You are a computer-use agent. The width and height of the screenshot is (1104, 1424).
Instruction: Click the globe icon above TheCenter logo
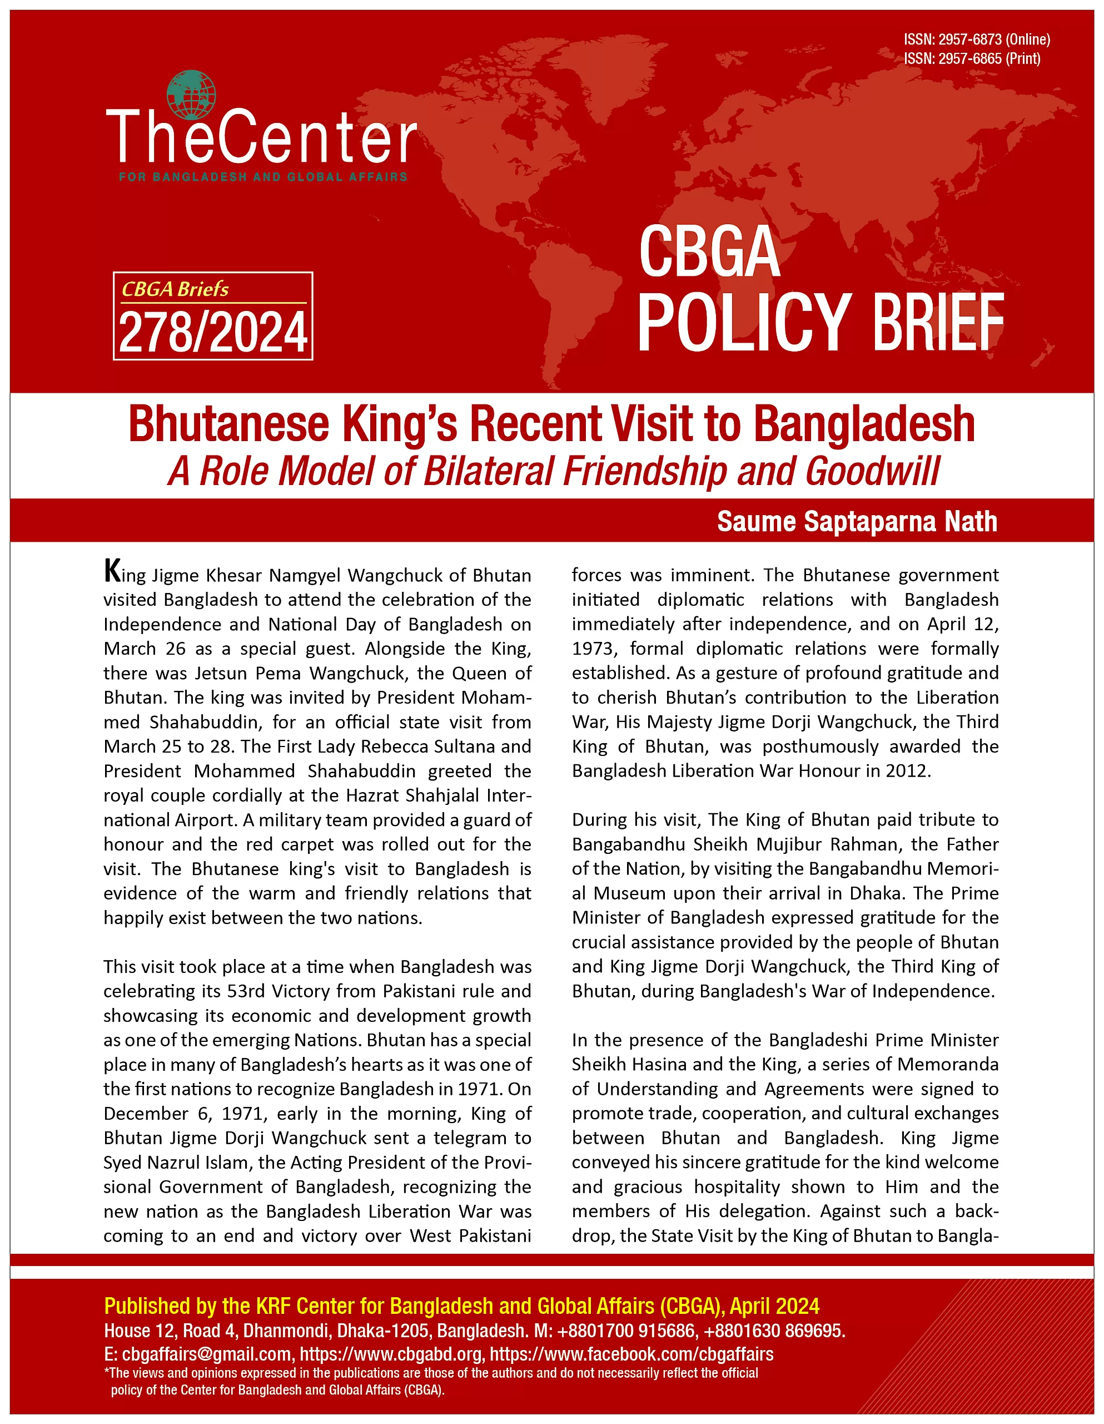(x=191, y=95)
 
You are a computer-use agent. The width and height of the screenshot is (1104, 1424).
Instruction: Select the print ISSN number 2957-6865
(x=969, y=58)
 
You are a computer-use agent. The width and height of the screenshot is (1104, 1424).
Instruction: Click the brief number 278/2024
(x=213, y=333)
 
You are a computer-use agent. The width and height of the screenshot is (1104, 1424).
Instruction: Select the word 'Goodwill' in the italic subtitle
(x=873, y=471)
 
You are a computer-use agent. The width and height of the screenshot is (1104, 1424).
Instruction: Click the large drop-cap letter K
(x=112, y=571)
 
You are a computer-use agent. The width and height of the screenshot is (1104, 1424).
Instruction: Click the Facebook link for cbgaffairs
(x=631, y=1355)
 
